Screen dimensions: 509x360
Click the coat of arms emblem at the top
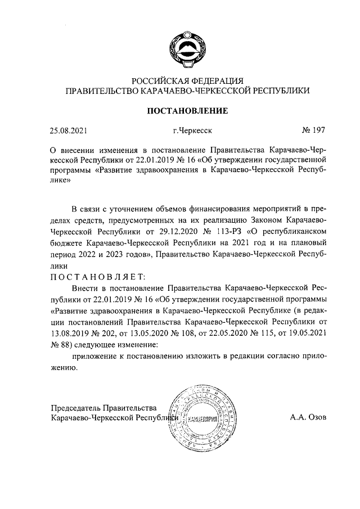(x=187, y=49)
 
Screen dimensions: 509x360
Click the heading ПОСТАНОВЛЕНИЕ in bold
(x=187, y=111)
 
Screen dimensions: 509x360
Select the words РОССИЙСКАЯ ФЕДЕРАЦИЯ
(x=187, y=80)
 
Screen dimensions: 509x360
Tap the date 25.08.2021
(x=69, y=131)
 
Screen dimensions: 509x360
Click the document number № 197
(x=313, y=131)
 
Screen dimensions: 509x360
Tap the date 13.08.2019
(x=70, y=333)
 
